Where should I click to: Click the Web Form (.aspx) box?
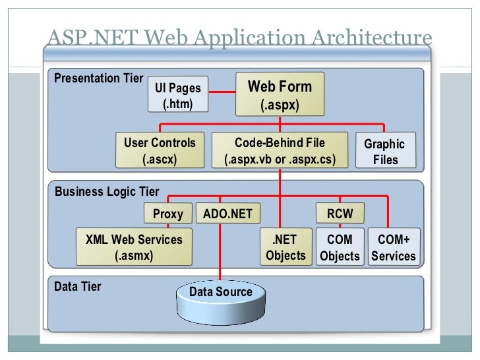pos(280,95)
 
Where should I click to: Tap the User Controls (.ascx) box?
pos(160,150)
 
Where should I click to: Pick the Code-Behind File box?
pos(280,150)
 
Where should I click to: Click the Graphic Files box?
pos(385,151)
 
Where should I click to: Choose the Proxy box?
pos(167,214)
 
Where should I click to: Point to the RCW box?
pos(340,214)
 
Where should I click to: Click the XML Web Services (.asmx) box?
pos(134,247)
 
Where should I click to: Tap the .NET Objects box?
pos(285,247)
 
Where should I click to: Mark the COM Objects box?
pos(340,247)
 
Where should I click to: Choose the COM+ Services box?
pos(393,247)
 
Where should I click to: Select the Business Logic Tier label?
pos(107,192)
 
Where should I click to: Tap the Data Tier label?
pos(78,287)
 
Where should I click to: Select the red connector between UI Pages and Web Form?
pos(222,94)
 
